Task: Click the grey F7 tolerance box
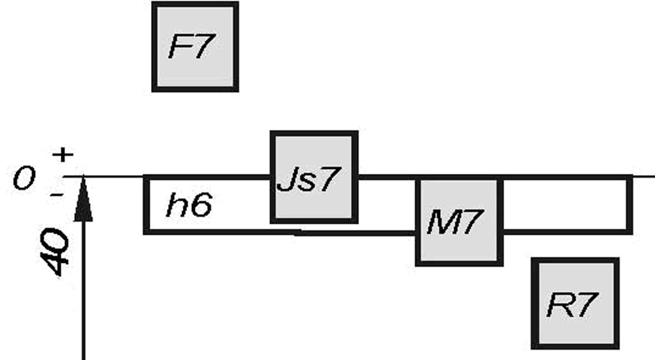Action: pyautogui.click(x=195, y=47)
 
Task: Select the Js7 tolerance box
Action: pyautogui.click(x=313, y=177)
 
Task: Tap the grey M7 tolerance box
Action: pyautogui.click(x=459, y=221)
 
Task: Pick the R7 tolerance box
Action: pyautogui.click(x=575, y=303)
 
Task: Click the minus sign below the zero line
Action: pyautogui.click(x=56, y=192)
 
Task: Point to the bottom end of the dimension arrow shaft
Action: pyautogui.click(x=83, y=355)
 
